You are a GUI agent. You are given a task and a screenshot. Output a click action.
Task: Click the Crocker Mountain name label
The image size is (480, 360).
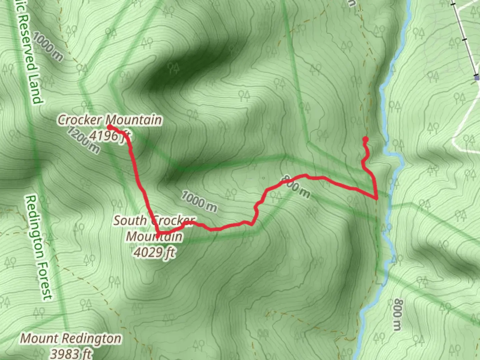(110, 119)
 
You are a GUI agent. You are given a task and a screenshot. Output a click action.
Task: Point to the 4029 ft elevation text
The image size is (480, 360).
(154, 253)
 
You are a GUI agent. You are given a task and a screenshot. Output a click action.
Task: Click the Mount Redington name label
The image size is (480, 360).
(71, 338)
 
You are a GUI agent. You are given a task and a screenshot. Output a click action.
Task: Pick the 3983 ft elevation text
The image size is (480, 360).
(71, 353)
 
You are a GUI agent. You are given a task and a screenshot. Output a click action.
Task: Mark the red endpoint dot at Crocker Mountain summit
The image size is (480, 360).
(109, 127)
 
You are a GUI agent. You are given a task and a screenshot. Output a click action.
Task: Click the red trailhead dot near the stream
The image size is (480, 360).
(365, 139)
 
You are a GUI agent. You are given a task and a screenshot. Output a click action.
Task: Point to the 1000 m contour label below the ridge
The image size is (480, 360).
(199, 201)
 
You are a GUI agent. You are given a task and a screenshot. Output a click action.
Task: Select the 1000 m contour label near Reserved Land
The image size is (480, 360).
(47, 47)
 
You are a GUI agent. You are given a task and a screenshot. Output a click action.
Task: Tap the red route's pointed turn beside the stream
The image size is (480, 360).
(376, 198)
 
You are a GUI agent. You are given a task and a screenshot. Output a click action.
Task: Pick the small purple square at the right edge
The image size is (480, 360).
(477, 77)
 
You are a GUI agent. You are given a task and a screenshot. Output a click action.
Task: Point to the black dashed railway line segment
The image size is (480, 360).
(465, 37)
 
